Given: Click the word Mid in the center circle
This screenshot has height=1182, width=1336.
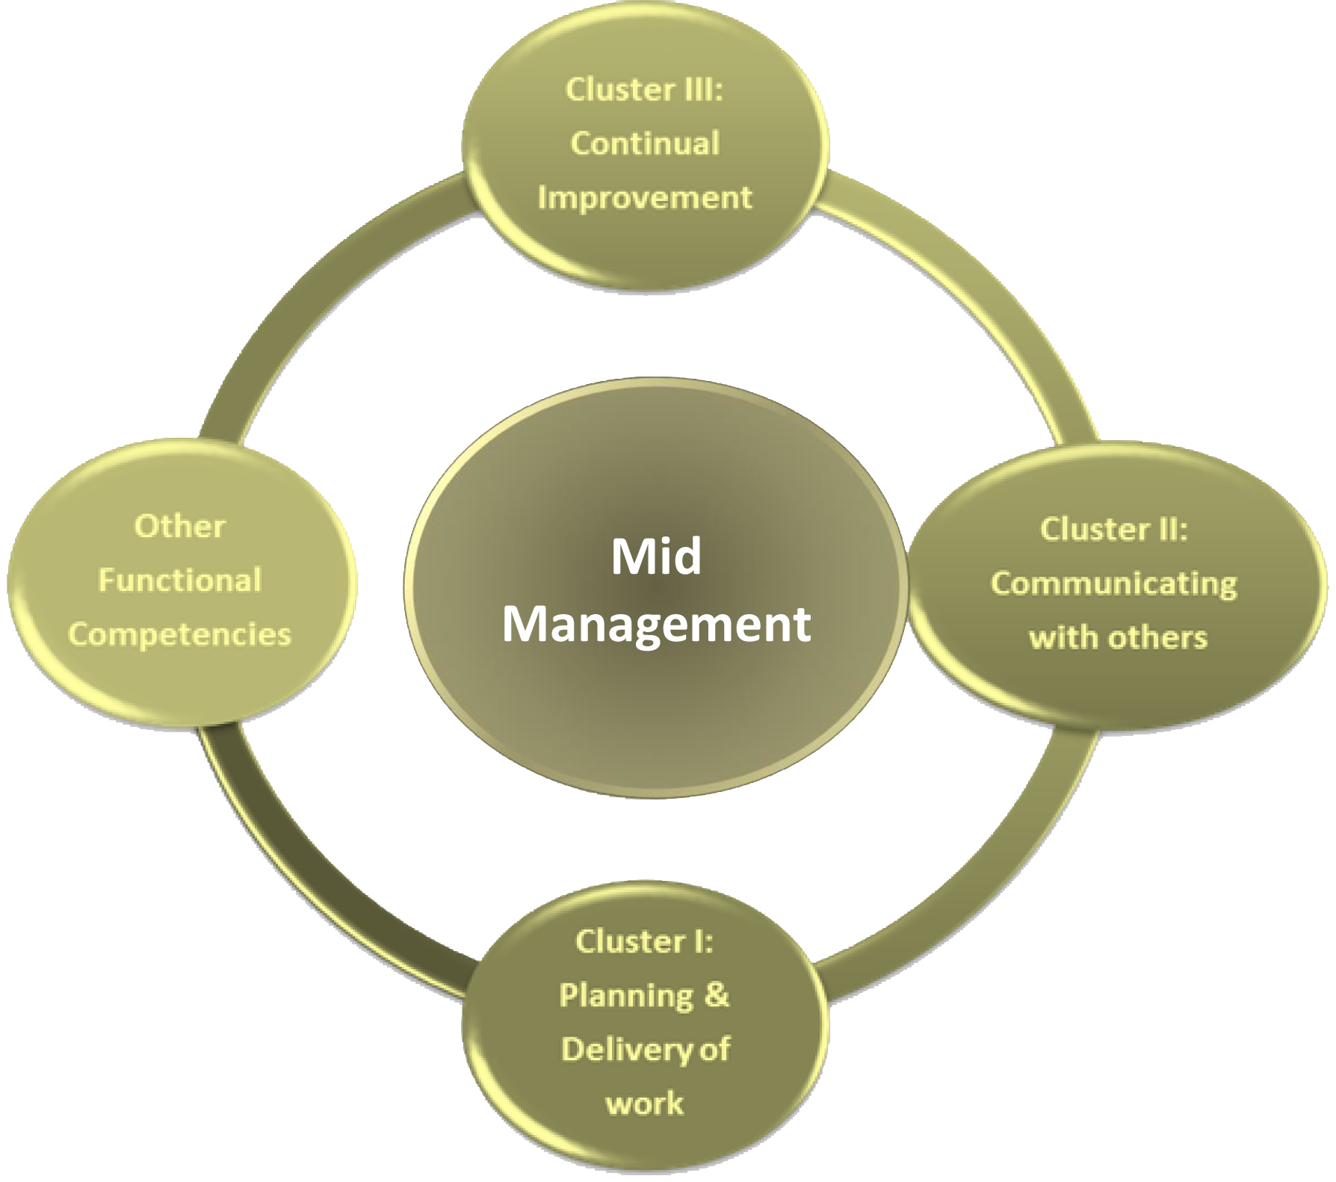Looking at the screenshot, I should (656, 557).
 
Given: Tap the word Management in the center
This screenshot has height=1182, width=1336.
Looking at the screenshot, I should (656, 624).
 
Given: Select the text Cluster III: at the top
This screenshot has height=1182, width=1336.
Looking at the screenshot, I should (644, 90).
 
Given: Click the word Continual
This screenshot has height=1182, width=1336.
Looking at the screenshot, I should (645, 143).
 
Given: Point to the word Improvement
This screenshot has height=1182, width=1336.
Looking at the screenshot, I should (645, 198).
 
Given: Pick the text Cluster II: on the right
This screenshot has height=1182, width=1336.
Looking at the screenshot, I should (1113, 530).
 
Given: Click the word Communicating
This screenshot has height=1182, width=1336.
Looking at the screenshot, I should (1113, 584).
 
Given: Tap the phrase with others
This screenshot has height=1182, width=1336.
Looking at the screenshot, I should (1118, 638).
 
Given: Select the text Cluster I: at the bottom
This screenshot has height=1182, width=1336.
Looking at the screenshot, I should (644, 942).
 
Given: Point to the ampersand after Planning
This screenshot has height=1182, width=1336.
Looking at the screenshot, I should (716, 995).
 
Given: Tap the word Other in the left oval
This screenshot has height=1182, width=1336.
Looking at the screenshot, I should (179, 527).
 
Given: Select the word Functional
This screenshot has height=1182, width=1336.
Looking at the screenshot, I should (179, 581).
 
